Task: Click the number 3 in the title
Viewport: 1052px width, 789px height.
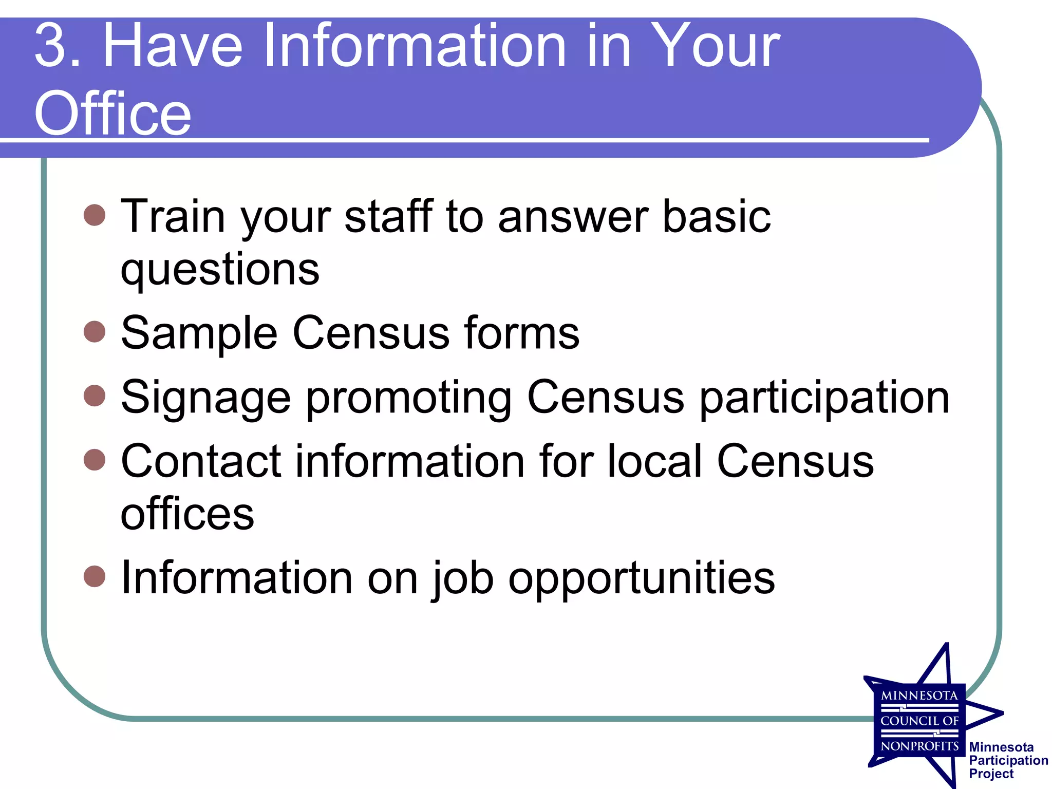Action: pyautogui.click(x=51, y=46)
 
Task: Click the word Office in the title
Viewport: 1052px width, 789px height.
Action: pyautogui.click(x=113, y=113)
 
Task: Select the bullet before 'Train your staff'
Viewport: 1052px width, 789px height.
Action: pyautogui.click(x=95, y=215)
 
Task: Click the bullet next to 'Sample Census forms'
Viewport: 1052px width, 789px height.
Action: pyautogui.click(x=95, y=332)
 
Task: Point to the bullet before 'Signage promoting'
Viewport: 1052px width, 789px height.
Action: pyautogui.click(x=95, y=396)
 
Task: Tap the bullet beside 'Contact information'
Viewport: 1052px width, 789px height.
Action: pyautogui.click(x=95, y=460)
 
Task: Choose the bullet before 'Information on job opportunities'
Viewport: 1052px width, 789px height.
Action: pyautogui.click(x=95, y=576)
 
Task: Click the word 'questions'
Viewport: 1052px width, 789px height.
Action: pyautogui.click(x=220, y=270)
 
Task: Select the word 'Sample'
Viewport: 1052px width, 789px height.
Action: pyautogui.click(x=199, y=333)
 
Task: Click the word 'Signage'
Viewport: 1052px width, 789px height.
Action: pyautogui.click(x=205, y=397)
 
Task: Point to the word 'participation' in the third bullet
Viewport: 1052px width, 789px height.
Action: pyautogui.click(x=825, y=397)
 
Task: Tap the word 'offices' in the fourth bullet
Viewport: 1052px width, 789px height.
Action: pyautogui.click(x=187, y=514)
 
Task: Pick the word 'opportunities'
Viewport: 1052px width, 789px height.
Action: pyautogui.click(x=642, y=578)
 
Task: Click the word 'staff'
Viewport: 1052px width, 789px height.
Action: pyautogui.click(x=388, y=216)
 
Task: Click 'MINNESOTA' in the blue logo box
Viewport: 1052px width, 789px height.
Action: pyautogui.click(x=919, y=696)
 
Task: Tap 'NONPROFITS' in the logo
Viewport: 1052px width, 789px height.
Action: pyautogui.click(x=919, y=746)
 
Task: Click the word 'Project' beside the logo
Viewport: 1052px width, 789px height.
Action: pyautogui.click(x=991, y=774)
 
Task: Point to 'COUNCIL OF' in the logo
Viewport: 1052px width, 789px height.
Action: pyautogui.click(x=919, y=721)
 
